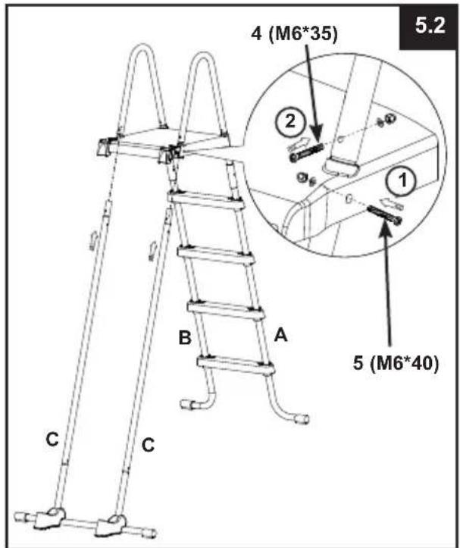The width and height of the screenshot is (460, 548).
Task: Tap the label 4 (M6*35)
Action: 295,34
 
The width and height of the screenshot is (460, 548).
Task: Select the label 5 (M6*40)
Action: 396,363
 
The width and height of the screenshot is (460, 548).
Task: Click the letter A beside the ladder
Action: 280,335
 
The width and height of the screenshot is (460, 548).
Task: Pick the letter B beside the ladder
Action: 185,337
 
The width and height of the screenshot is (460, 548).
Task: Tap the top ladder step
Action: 205,199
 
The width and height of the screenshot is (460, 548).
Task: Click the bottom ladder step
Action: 236,365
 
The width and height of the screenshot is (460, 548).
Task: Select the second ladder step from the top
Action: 215,256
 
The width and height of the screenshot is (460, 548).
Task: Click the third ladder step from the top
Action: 226,310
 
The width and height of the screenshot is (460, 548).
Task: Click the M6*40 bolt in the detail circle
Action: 384,215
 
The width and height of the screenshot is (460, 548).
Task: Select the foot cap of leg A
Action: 302,418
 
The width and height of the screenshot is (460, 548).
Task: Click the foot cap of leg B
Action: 188,405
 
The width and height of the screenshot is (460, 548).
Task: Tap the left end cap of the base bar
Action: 20,516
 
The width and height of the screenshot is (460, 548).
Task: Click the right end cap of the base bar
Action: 150,534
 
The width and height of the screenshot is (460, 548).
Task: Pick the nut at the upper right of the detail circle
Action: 390,120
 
